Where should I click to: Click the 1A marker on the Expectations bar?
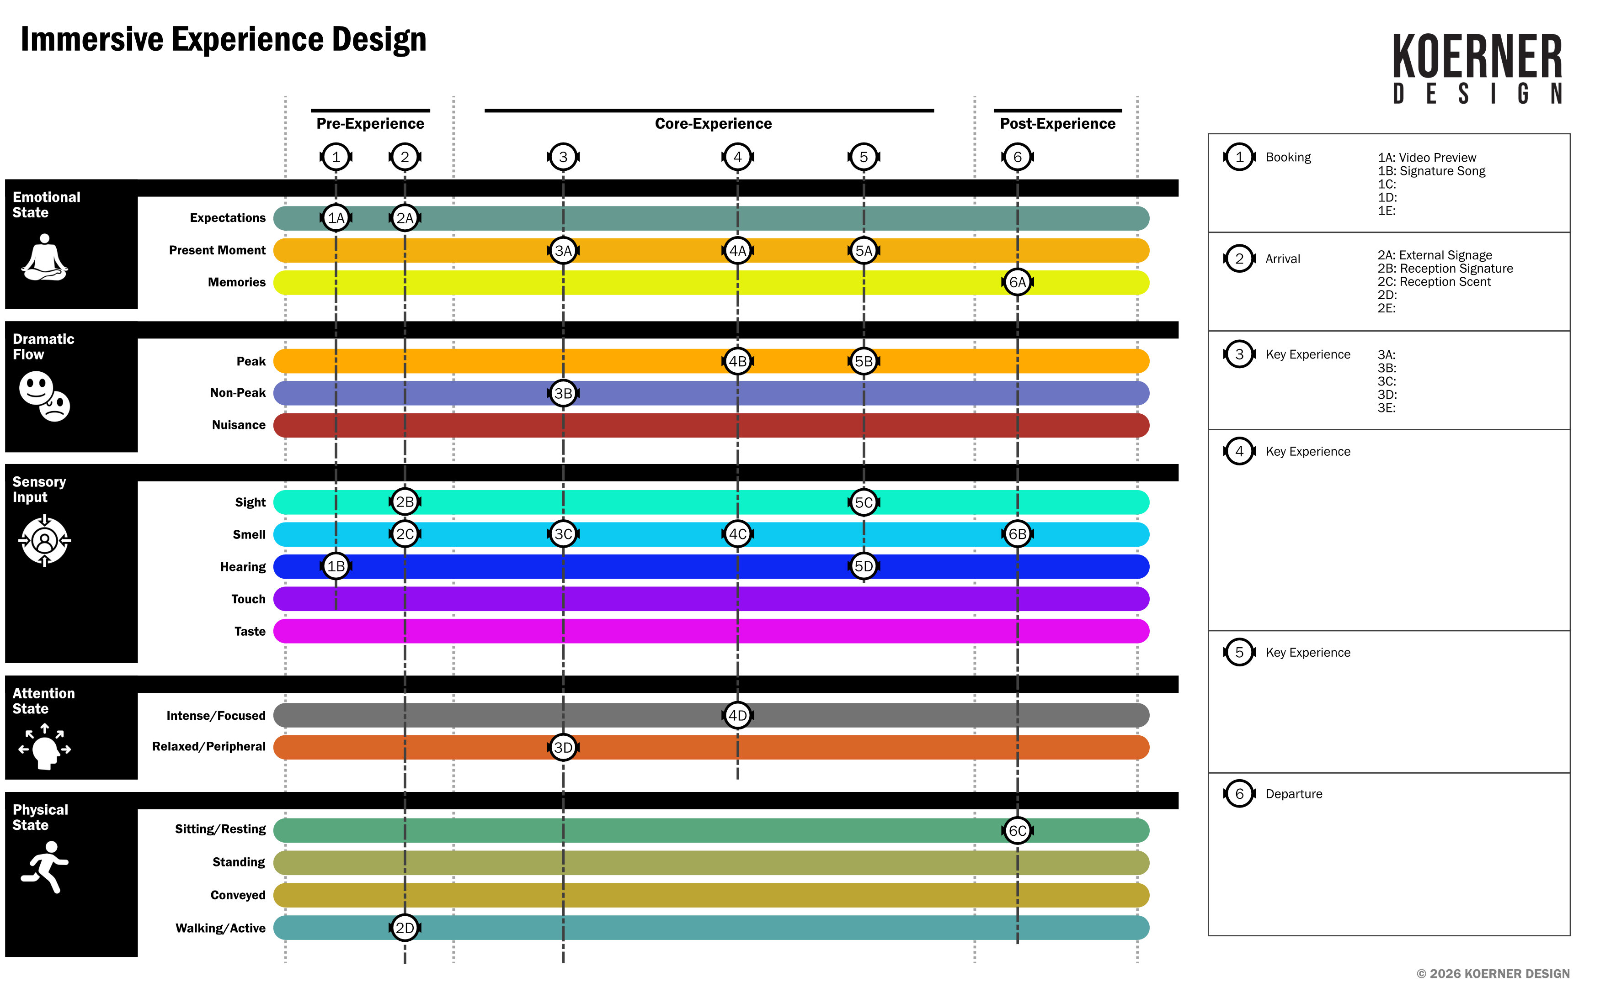point(336,218)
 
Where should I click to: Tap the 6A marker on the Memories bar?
point(1017,282)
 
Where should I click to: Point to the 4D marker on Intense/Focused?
point(737,715)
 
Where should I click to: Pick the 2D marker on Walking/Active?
point(405,928)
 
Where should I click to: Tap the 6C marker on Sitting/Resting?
point(1017,831)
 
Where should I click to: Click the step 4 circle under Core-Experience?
point(737,158)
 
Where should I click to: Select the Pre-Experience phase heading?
point(370,123)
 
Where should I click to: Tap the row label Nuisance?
point(239,425)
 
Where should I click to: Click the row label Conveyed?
point(238,895)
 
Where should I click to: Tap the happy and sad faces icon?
point(44,396)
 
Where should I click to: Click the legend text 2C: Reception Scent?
point(1434,281)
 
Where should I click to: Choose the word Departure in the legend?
point(1294,794)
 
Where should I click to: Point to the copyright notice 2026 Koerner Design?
point(1493,973)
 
